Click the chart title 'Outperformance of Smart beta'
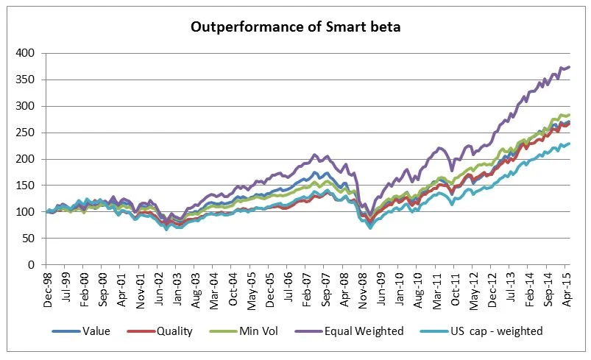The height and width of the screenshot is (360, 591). coord(294,27)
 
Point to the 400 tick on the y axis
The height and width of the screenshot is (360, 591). coord(26,53)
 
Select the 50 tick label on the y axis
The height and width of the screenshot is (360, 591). coord(29,239)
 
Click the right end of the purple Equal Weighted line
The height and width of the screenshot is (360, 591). coord(570,67)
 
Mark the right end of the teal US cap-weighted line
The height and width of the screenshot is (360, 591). coord(570,144)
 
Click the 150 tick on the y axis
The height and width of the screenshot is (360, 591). coord(26,186)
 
